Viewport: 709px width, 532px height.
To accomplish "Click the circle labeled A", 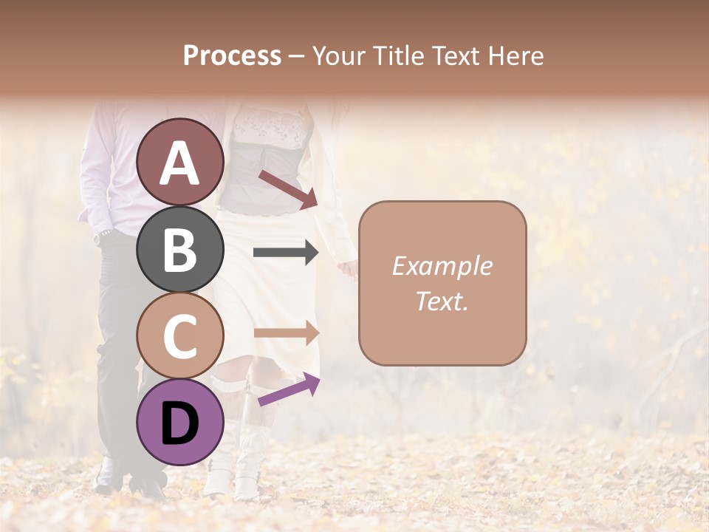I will [180, 162].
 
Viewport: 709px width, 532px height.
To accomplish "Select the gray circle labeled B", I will [180, 249].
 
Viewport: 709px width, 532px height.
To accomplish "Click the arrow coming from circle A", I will [287, 189].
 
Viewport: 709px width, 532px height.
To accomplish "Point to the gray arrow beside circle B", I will [286, 253].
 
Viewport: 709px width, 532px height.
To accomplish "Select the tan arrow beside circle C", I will [286, 332].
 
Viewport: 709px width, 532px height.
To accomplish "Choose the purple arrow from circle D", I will [289, 389].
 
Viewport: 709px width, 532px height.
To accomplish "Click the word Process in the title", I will [232, 56].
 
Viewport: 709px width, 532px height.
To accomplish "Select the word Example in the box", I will [442, 266].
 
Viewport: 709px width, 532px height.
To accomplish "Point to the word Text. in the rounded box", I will [442, 301].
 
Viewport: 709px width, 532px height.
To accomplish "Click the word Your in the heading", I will [340, 56].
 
